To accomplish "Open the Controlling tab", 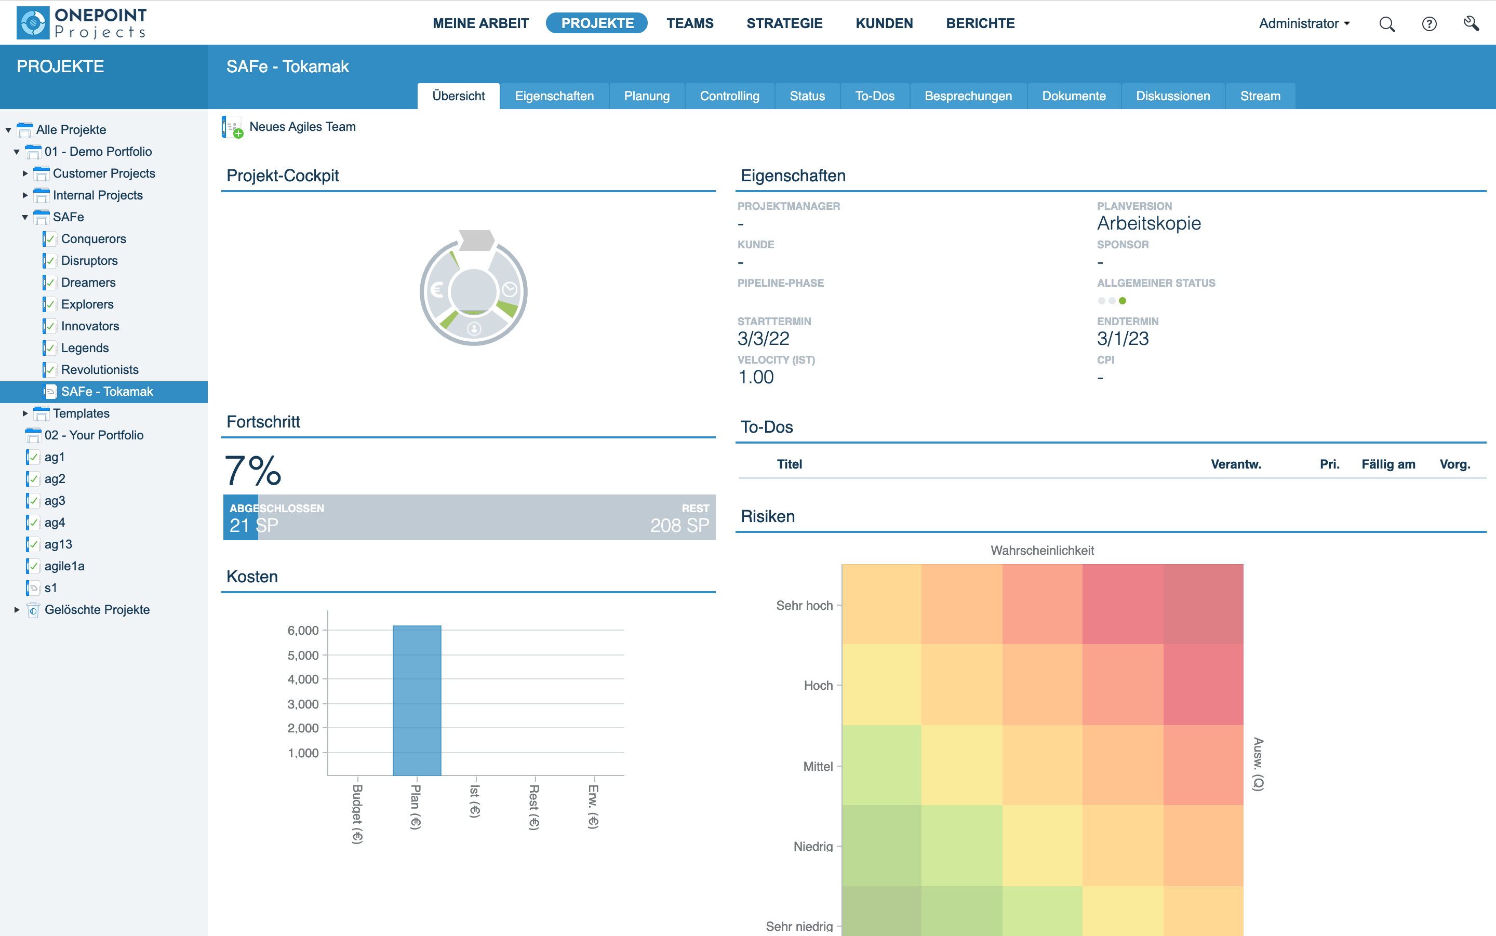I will pyautogui.click(x=729, y=96).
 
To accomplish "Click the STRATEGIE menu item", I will pyautogui.click(x=784, y=23).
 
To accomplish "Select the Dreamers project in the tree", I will pyautogui.click(x=88, y=282).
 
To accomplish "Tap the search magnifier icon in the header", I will pyautogui.click(x=1386, y=24).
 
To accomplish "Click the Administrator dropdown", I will pyautogui.click(x=1303, y=23).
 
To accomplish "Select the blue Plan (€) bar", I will pyautogui.click(x=417, y=700).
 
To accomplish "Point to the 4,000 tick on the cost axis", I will pyautogui.click(x=303, y=679).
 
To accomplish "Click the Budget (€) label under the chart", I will pyautogui.click(x=357, y=813).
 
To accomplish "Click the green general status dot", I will pyautogui.click(x=1122, y=301).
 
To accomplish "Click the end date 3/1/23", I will pyautogui.click(x=1122, y=339).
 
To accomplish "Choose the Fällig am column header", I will pyautogui.click(x=1387, y=464).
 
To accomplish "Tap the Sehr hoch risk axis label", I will pyautogui.click(x=804, y=606).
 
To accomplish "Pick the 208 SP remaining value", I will pyautogui.click(x=679, y=525).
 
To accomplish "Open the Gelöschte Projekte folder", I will pyautogui.click(x=97, y=610).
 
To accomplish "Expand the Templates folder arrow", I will pyautogui.click(x=25, y=413).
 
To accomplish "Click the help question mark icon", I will pyautogui.click(x=1428, y=24).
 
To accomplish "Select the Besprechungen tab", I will pyautogui.click(x=967, y=96).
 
